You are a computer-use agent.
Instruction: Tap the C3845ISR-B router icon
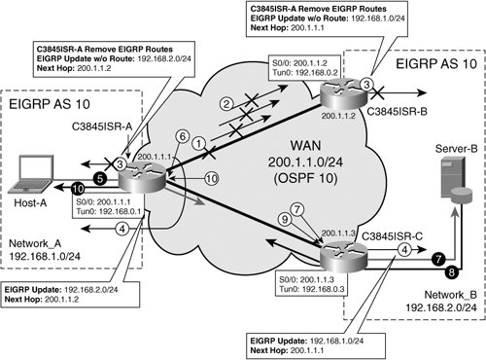[x=343, y=93]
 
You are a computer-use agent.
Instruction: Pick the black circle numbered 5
[x=100, y=178]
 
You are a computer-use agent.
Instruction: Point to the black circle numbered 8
[x=451, y=271]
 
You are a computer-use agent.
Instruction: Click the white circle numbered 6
[x=183, y=136]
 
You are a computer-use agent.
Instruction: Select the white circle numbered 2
[x=226, y=104]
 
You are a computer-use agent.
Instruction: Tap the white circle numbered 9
[x=285, y=219]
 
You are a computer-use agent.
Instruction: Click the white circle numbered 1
[x=199, y=143]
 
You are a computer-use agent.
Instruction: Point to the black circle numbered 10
[x=78, y=189]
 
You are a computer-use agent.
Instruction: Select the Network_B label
[x=451, y=295]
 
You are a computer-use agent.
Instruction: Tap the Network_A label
[x=35, y=243]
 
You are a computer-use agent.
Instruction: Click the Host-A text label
[x=30, y=203]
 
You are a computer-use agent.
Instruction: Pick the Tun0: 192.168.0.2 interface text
[x=304, y=72]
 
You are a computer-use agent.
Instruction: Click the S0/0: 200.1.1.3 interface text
[x=306, y=279]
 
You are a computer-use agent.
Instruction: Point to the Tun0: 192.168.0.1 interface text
[x=109, y=211]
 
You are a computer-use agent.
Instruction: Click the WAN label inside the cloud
[x=306, y=146]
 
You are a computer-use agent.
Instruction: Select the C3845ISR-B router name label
[x=397, y=111]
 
